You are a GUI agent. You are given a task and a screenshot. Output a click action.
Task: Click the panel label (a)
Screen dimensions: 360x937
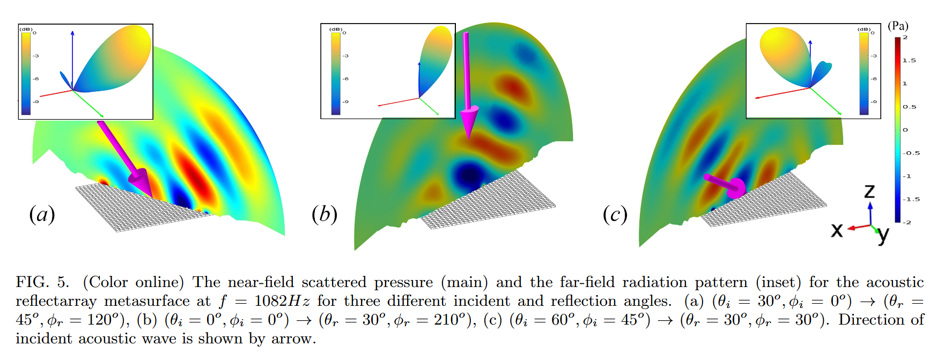[x=42, y=215]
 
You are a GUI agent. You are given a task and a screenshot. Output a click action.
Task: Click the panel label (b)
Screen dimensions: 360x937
[x=324, y=215]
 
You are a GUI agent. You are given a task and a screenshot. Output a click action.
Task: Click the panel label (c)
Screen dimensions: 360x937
[x=615, y=215]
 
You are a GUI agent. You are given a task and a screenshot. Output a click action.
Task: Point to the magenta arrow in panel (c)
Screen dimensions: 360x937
[x=727, y=185]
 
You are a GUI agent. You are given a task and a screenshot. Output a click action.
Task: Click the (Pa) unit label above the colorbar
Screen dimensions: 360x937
[x=898, y=26]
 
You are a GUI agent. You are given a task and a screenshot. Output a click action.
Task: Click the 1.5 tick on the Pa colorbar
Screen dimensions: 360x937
[x=909, y=61]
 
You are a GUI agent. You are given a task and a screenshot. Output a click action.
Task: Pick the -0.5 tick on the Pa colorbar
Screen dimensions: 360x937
[x=911, y=153]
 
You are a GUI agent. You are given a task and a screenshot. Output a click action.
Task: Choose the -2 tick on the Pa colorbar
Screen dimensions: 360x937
[x=907, y=222]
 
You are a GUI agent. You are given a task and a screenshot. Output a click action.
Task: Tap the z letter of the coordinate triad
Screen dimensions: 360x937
[x=869, y=191]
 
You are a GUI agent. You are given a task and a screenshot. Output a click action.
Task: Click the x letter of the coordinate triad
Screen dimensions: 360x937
[x=837, y=230]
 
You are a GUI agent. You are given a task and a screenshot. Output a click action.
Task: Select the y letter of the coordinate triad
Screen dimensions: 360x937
[x=883, y=234]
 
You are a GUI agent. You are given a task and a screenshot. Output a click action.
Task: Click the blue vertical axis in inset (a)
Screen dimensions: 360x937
[x=72, y=59]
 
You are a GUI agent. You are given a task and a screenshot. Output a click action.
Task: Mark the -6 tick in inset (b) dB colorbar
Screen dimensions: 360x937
[x=345, y=79]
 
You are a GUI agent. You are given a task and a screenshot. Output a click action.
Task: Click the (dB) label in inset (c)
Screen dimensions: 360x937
[x=864, y=29]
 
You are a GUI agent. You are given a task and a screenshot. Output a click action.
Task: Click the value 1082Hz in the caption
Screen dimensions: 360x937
[x=282, y=301]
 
